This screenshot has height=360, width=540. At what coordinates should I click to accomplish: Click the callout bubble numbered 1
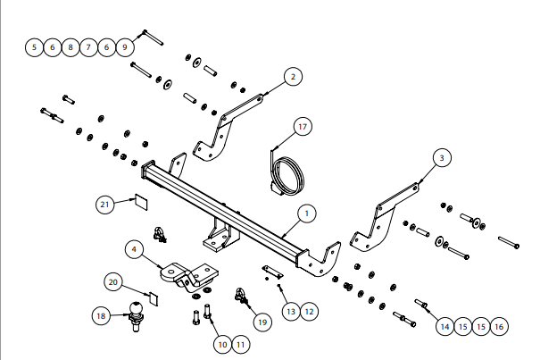pos(305,213)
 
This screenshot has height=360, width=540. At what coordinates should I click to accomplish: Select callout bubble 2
pos(293,78)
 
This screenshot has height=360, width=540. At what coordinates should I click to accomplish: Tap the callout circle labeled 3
pos(440,158)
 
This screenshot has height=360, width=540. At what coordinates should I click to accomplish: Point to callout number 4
pos(131,249)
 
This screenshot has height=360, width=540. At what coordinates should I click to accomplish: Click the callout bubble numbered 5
pos(34,46)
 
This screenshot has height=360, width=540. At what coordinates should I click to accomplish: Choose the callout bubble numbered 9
pos(125,46)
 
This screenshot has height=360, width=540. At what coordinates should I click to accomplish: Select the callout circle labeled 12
pos(308,312)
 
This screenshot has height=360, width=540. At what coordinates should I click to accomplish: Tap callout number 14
pos(444,327)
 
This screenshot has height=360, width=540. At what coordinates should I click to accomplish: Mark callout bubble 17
pos(303,127)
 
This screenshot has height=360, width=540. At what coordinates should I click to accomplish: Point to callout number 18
pos(101,315)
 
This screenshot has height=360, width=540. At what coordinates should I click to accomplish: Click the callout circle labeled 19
pos(261,321)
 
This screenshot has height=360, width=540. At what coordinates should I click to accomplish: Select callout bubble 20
pos(112,281)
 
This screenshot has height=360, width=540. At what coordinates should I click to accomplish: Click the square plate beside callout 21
pos(139,201)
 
